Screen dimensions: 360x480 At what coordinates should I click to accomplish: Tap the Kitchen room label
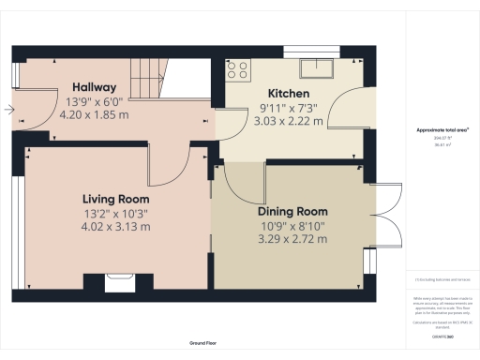pyautogui.click(x=289, y=94)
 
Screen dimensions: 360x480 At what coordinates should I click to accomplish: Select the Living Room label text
pyautogui.click(x=115, y=199)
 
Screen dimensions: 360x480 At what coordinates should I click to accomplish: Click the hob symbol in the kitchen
pyautogui.click(x=238, y=68)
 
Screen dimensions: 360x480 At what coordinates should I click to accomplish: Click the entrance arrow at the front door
pyautogui.click(x=8, y=110)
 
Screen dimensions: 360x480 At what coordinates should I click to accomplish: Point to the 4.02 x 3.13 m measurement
pyautogui.click(x=115, y=227)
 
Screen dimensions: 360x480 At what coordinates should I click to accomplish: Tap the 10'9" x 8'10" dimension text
pyautogui.click(x=292, y=225)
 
